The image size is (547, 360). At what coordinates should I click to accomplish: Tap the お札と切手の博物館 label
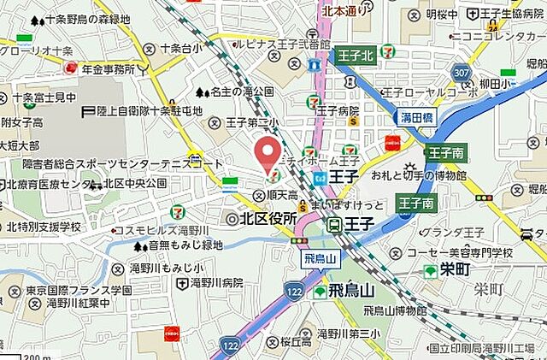click(x=418, y=175)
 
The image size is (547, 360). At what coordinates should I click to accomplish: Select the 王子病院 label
click(x=337, y=110)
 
